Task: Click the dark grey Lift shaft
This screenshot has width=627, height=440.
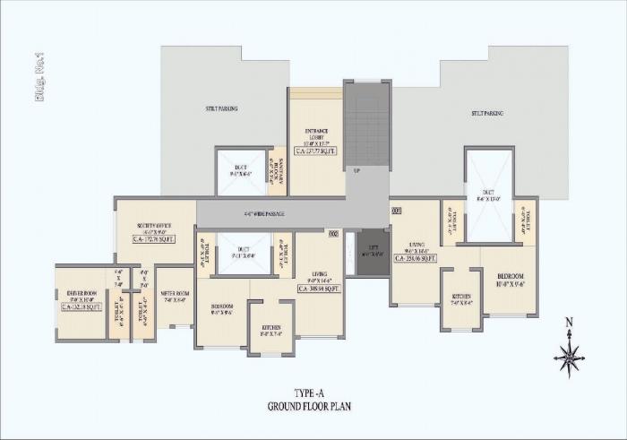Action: [372, 254]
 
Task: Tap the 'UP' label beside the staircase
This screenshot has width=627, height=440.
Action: [356, 170]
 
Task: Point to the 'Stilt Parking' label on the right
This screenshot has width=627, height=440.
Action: [487, 114]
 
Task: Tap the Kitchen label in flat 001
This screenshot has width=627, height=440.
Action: [460, 298]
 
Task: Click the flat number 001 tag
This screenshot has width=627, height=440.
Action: [397, 211]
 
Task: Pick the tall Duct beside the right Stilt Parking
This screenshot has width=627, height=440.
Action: [488, 195]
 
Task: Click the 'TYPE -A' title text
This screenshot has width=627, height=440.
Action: [308, 393]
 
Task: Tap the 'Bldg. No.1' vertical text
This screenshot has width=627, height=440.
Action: [39, 78]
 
